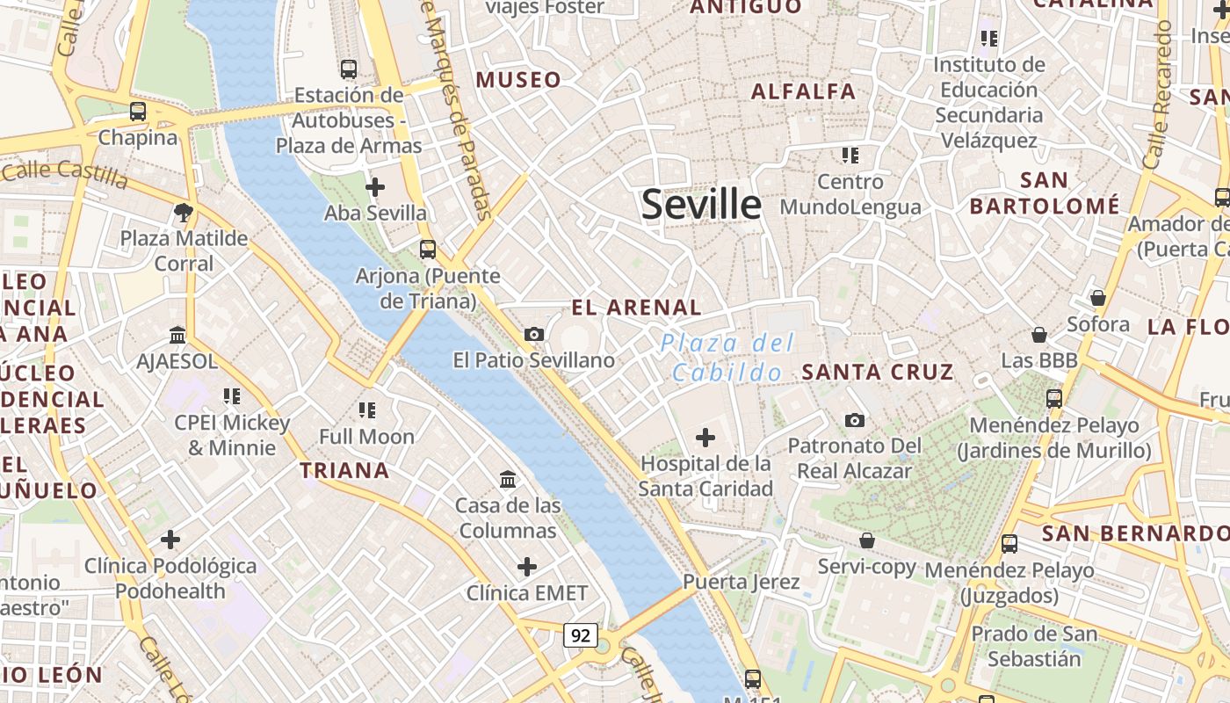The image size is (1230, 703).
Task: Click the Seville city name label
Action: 701,205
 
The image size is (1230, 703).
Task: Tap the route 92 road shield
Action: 580,635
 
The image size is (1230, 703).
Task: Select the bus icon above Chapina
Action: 138,112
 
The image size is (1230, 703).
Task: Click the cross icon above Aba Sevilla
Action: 375,187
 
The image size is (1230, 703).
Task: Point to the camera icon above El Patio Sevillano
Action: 533,335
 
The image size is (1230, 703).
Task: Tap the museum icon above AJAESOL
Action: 177,336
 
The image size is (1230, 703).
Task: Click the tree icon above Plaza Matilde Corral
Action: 184,212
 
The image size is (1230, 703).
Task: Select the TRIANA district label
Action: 344,471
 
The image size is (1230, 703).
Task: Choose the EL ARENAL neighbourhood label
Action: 636,308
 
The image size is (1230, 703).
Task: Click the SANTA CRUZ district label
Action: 878,372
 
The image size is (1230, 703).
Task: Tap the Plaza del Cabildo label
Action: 727,358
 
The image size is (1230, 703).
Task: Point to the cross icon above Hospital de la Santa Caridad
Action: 705,438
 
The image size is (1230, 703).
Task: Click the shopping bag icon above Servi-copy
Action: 867,540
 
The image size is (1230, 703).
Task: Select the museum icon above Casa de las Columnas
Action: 508,480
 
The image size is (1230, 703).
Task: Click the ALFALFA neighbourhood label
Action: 803,91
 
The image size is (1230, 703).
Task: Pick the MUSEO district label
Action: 518,80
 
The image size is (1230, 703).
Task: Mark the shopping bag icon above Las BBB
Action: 1039,335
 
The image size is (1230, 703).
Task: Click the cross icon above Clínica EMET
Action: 526,567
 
